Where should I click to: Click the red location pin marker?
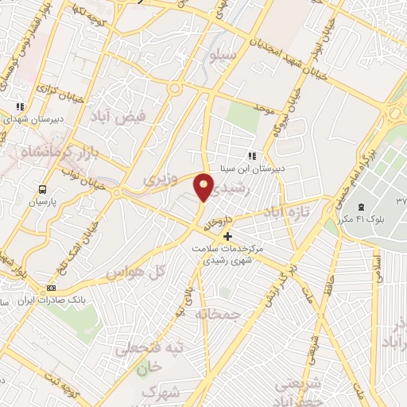[x=204, y=186]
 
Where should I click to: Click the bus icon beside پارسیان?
[x=42, y=189]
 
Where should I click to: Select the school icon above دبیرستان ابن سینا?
[x=252, y=156]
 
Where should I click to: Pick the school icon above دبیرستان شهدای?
[x=21, y=105]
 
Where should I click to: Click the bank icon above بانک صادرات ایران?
[x=52, y=287]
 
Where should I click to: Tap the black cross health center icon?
[x=227, y=236]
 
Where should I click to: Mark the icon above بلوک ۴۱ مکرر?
[x=350, y=207]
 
